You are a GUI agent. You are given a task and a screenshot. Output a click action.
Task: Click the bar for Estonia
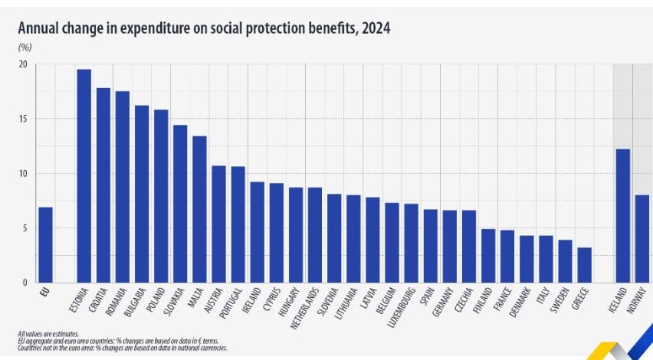tap(84, 176)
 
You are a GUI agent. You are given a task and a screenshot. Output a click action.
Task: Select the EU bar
tap(46, 245)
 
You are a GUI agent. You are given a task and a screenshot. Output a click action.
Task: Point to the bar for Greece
tap(584, 265)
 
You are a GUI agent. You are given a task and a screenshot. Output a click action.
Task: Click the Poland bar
tap(161, 196)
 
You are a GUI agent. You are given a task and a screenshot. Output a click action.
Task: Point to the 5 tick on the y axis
tap(25, 228)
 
